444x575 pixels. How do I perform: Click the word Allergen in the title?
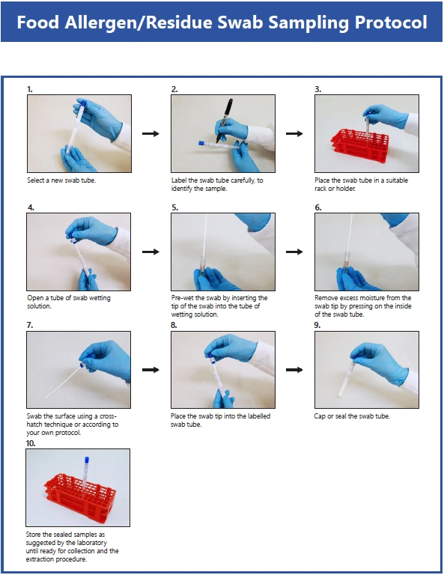(101, 22)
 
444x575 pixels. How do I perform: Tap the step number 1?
(30, 89)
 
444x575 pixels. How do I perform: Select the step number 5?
(175, 207)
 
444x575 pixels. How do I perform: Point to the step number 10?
(31, 443)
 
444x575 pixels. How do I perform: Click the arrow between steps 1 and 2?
(150, 133)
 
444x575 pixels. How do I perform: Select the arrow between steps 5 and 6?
(294, 252)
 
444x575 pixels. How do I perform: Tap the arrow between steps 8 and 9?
(294, 370)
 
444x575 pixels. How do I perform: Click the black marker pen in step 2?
(225, 120)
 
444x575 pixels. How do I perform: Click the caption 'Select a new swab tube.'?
(61, 180)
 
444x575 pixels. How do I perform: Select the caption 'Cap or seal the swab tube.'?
(352, 416)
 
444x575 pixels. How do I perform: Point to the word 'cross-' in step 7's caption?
(108, 416)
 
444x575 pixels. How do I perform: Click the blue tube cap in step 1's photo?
(83, 103)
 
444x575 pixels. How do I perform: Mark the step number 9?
(317, 325)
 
